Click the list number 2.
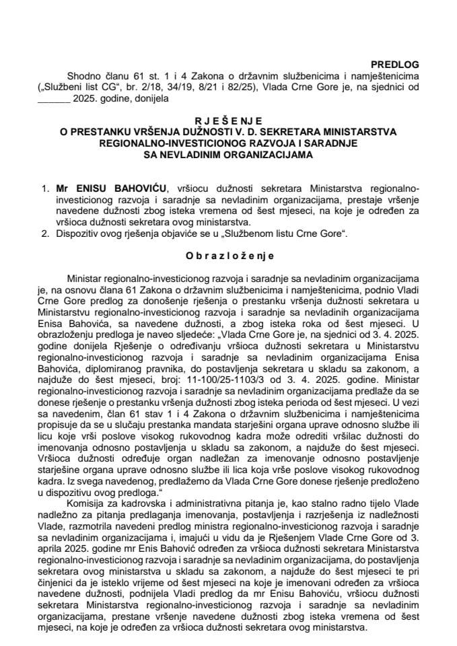[44, 234]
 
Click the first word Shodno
[82, 75]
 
